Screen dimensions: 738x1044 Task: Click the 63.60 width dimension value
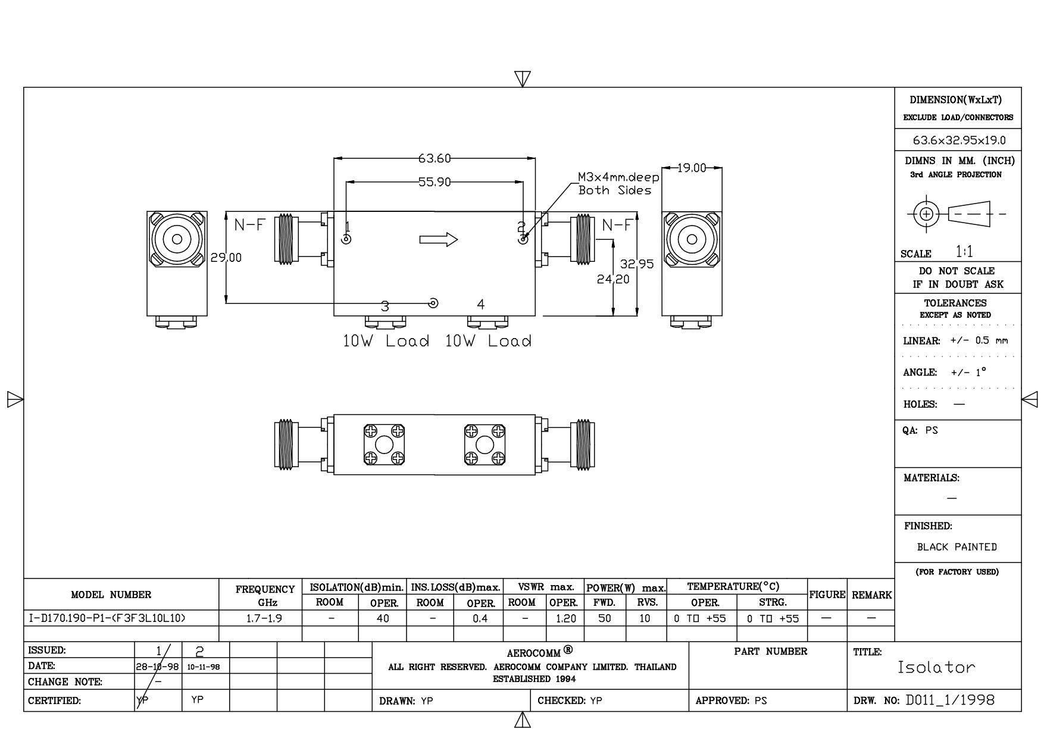pos(435,158)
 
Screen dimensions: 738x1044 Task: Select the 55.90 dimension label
pos(435,182)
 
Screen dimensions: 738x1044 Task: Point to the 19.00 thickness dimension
pos(692,168)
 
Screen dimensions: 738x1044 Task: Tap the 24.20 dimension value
pos(612,279)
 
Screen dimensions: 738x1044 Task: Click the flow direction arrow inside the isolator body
pos(439,240)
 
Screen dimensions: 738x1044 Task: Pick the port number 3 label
pos(385,307)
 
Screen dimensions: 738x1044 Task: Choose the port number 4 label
pos(481,305)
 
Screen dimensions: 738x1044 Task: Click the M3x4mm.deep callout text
pos(618,177)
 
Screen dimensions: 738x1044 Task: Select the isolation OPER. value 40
pos(383,618)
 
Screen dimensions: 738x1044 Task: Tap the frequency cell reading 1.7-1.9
pos(264,618)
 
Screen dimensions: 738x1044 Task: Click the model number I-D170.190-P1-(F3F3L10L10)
pos(107,618)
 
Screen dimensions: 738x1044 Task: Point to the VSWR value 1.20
pos(565,618)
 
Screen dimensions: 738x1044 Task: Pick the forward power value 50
pos(605,618)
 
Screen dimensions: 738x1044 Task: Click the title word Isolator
pos(936,667)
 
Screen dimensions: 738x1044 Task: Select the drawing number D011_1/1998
pos(950,700)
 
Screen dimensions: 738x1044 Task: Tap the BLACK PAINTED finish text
pos(957,547)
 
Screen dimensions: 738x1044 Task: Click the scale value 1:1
pos(964,251)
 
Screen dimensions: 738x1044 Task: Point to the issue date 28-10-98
pos(158,667)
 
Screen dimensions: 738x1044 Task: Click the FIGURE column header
pos(827,595)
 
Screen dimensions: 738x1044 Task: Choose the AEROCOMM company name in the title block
pos(533,653)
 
